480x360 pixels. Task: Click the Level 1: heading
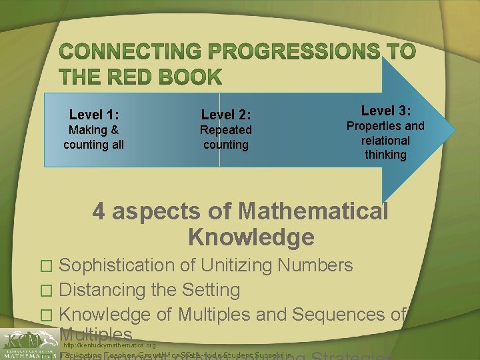point(94,115)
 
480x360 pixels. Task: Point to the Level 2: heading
point(226,115)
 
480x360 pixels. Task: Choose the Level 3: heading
point(385,110)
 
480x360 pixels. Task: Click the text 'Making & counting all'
point(94,137)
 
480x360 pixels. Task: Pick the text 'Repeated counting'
point(226,137)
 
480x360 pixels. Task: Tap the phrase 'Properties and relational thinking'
point(385,140)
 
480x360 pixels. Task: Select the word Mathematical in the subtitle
point(313,211)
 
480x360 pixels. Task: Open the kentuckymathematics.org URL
point(110,346)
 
